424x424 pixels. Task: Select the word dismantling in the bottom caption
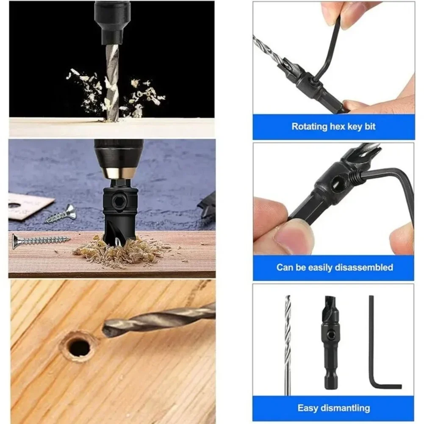345,408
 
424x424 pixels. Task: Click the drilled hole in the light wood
80,347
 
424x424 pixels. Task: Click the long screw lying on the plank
40,241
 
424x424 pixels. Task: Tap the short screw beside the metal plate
61,215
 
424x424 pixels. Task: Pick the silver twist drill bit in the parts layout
288,343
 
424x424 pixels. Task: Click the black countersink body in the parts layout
332,339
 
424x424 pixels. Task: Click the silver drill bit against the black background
112,80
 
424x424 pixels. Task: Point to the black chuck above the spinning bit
112,21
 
